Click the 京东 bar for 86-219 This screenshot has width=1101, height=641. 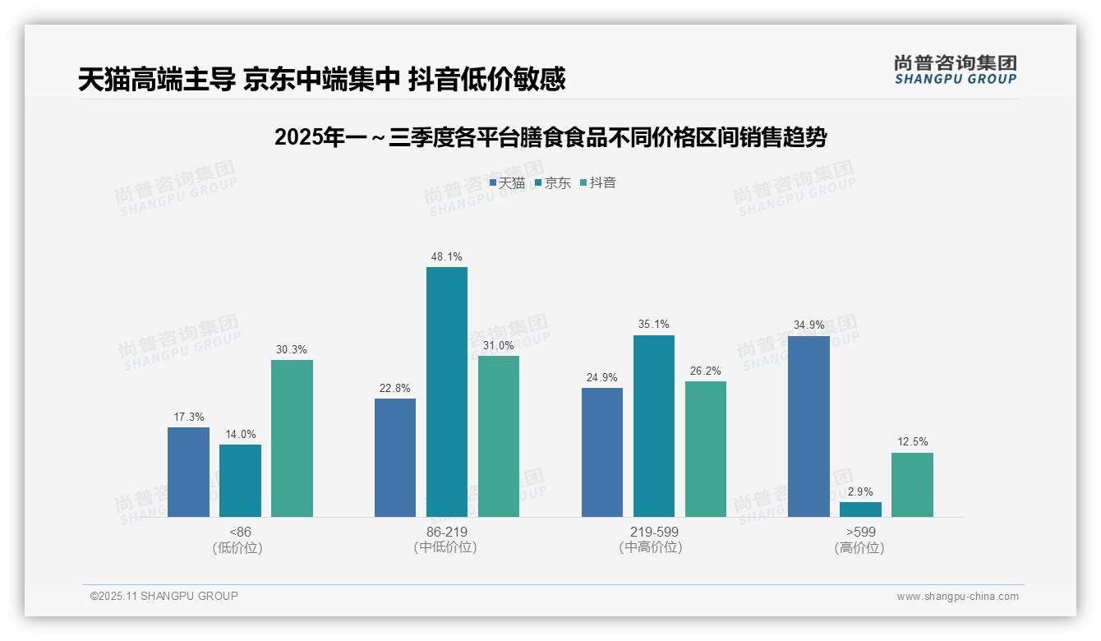[446, 392]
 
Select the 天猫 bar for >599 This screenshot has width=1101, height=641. [808, 427]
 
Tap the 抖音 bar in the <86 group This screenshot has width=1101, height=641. [292, 438]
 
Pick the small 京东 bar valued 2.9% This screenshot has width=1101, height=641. [860, 510]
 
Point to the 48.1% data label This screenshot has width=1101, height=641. [446, 256]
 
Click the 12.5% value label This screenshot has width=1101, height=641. [912, 442]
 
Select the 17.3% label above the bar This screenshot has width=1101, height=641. [188, 417]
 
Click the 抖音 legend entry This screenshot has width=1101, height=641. [598, 182]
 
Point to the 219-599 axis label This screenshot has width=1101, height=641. [654, 532]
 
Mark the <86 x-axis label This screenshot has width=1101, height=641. [240, 532]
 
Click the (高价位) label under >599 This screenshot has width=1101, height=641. [859, 547]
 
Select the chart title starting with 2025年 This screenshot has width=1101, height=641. [550, 137]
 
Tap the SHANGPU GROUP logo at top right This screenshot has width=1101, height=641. [955, 70]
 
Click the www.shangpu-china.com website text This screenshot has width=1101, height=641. [957, 597]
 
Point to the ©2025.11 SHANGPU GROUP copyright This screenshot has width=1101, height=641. [164, 596]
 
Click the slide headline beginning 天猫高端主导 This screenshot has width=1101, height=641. [321, 79]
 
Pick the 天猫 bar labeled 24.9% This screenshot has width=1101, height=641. [601, 452]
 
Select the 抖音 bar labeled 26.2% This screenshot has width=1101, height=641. [705, 449]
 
